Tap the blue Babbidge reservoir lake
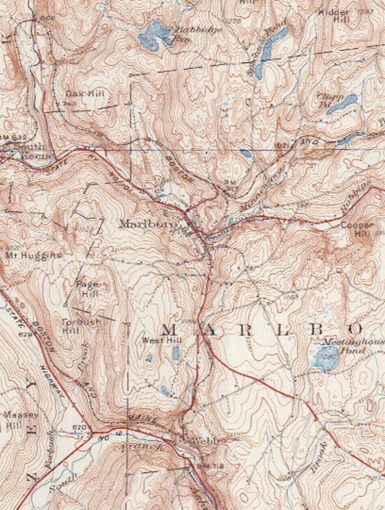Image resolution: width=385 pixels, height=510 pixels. pyautogui.click(x=154, y=35)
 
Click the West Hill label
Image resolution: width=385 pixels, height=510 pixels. pyautogui.click(x=155, y=341)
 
